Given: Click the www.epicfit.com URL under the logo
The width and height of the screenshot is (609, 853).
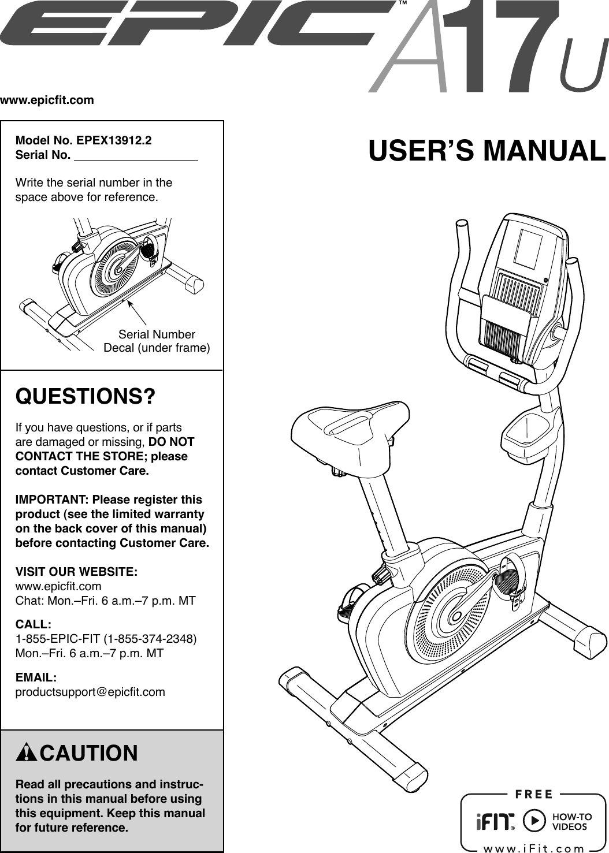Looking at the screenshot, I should tap(47, 100).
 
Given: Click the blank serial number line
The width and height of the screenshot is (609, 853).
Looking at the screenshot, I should tap(136, 155).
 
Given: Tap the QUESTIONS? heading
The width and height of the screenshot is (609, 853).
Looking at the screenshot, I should tap(86, 397).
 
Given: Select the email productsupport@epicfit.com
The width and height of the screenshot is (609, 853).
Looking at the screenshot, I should tap(90, 691).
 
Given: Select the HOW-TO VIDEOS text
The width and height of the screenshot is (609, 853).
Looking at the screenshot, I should tap(572, 821).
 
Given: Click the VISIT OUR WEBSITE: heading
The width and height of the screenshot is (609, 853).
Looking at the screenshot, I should tap(76, 572).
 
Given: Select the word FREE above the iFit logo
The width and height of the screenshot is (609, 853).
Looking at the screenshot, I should tap(534, 794).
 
